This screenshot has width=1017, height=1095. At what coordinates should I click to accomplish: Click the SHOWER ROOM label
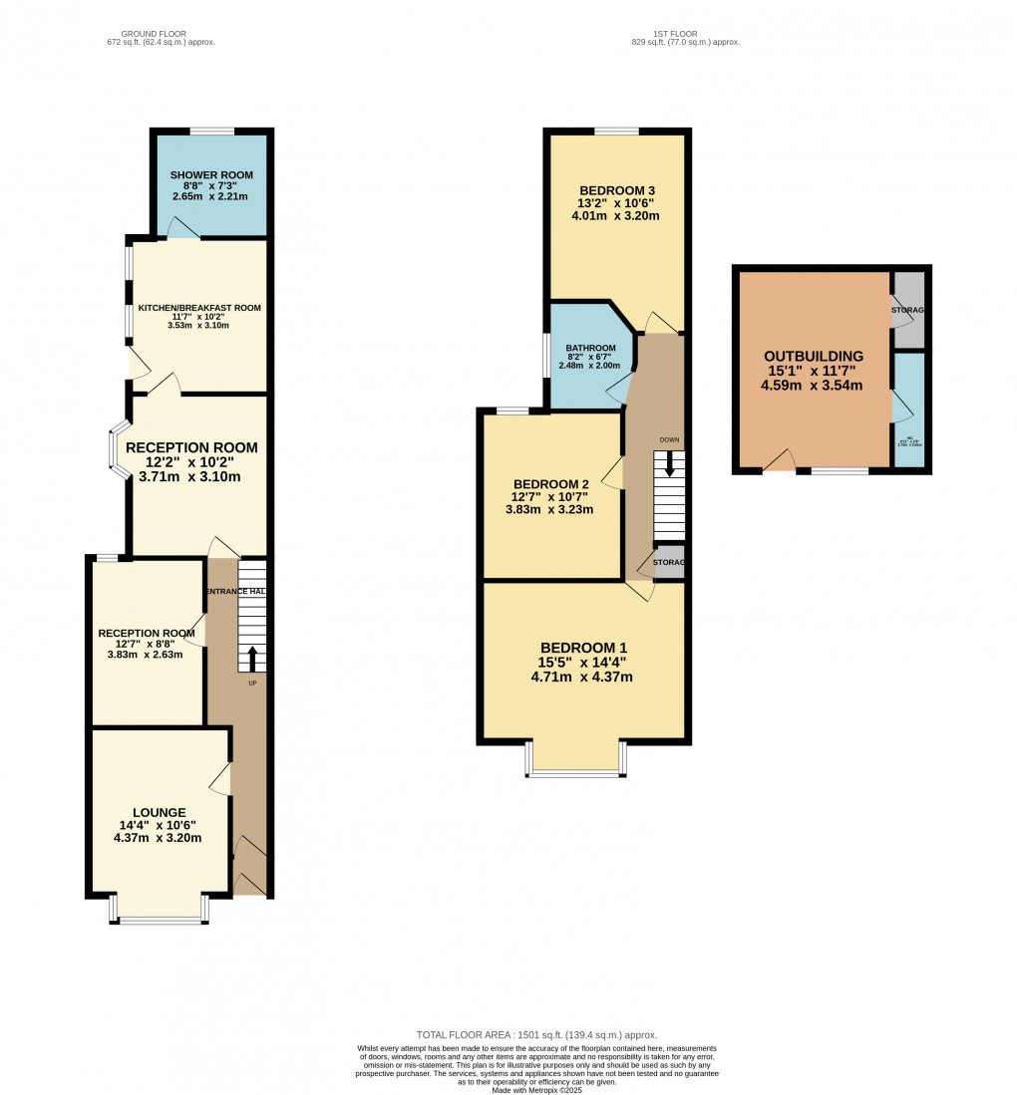click(x=211, y=175)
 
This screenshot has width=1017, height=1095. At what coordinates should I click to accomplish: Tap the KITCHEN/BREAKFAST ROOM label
click(x=199, y=308)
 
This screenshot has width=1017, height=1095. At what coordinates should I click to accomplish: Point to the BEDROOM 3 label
click(x=617, y=190)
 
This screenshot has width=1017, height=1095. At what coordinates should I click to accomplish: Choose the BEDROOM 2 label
click(x=550, y=484)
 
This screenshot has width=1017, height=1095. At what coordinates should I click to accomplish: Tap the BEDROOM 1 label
click(x=582, y=648)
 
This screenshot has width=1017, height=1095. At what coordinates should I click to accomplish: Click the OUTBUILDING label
click(x=814, y=356)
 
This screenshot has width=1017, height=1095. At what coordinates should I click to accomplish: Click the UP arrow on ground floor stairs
click(x=252, y=659)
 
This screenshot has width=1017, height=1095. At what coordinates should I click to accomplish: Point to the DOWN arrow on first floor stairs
click(x=669, y=463)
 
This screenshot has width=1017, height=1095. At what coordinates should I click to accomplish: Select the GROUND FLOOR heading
click(x=161, y=34)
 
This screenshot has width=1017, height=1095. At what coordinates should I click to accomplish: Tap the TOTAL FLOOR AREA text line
click(x=536, y=1035)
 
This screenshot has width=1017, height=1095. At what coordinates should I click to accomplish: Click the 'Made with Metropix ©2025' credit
click(x=536, y=1090)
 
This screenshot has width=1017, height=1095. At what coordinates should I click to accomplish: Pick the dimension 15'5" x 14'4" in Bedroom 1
click(x=582, y=663)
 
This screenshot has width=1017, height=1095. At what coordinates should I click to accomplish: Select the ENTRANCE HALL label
click(x=236, y=592)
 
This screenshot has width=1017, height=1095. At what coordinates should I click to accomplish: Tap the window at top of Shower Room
click(x=212, y=131)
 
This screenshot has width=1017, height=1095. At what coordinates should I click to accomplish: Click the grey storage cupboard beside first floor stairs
click(x=670, y=562)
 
